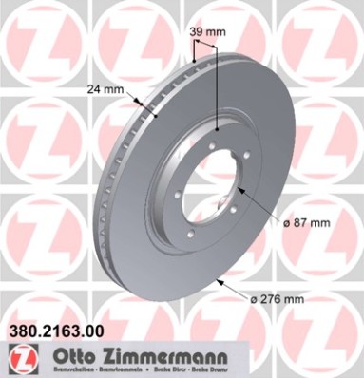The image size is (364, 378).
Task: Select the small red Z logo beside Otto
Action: pos(18,357)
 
